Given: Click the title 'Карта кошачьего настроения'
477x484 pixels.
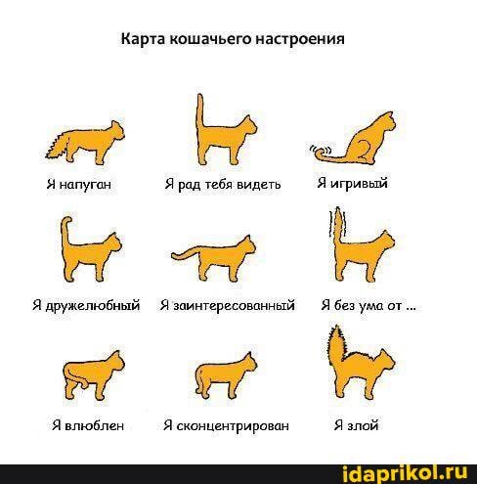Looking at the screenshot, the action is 233,40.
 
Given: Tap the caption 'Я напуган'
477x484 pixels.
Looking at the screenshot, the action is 79,185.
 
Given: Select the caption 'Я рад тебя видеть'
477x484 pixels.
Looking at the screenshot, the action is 223,185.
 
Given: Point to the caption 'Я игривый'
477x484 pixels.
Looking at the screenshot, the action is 352,183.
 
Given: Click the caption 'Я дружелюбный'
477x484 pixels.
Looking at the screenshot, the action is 86,305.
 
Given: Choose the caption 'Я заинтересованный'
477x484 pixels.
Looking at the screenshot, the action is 227,305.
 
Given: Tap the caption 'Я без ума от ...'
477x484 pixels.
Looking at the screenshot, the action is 369,305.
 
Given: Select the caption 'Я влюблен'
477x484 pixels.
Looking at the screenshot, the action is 88,425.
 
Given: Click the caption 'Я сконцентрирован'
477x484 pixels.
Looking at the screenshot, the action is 226,425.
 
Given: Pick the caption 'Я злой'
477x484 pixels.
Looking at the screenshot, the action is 356,425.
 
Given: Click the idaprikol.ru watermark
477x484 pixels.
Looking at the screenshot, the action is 406,473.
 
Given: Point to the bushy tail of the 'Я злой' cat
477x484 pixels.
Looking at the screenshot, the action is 336,345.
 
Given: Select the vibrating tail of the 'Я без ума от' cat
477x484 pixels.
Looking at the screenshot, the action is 338,225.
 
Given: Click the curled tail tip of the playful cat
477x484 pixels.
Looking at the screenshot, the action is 323,152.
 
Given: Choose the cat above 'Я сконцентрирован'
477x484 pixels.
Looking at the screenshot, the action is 226,375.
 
